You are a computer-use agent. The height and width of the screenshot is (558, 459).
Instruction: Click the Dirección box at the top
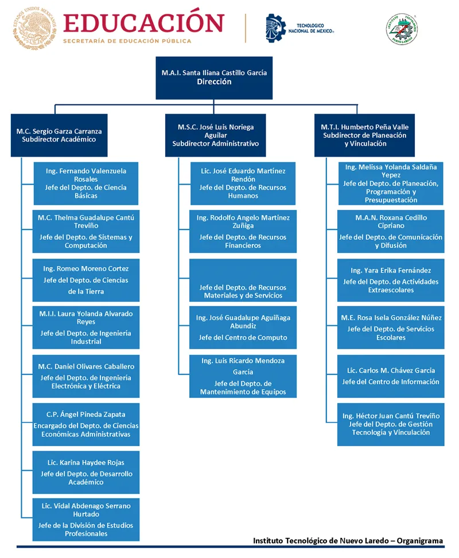[214, 77]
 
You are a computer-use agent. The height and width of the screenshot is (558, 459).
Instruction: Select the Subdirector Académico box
[59, 135]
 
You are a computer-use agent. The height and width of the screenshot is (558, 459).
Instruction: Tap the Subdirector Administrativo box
[215, 135]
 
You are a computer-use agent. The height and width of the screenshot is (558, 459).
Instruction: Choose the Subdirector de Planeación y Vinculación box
[365, 135]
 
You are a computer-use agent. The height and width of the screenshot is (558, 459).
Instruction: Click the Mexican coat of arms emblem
[34, 28]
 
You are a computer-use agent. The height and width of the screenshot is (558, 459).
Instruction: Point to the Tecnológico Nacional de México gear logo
[275, 28]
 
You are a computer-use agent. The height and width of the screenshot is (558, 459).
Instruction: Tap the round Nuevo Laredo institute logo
[402, 29]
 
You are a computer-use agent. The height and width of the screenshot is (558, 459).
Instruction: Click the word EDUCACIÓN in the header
[144, 22]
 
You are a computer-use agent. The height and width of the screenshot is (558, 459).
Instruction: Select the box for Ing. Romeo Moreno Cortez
[86, 280]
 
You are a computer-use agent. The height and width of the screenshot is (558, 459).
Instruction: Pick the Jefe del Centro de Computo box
[243, 327]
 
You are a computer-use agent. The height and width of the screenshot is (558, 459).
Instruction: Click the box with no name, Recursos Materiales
[243, 280]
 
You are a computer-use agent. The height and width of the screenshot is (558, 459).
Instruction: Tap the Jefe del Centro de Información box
[391, 376]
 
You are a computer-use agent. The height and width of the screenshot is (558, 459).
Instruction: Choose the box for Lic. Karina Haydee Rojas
[86, 472]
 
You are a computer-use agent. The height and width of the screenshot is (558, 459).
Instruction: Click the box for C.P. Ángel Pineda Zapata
[86, 424]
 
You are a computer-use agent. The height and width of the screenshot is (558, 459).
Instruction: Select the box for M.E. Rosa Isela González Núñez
[391, 327]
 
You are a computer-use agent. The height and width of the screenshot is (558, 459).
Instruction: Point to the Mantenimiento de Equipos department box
[243, 376]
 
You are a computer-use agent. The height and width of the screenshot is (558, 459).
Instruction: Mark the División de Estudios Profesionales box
[86, 520]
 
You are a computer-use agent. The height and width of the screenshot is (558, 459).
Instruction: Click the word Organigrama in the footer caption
[420, 541]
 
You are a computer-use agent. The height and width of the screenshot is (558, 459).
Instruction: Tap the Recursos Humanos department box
[243, 184]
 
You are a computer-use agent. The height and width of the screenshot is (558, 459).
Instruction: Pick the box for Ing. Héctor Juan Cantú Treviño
[391, 424]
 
